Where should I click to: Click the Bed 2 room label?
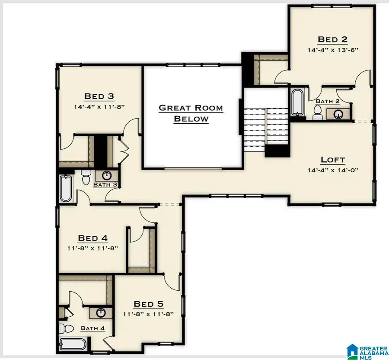coord(332,39)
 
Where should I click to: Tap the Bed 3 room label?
coord(99,96)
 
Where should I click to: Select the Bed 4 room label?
coord(92,238)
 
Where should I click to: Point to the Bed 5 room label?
coord(149,304)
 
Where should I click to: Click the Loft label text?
coord(332,160)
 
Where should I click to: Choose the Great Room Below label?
coord(191,113)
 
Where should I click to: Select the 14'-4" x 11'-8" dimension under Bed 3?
coord(99,106)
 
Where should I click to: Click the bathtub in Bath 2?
coord(297,102)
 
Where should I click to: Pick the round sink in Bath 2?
coord(338,114)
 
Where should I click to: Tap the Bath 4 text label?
coord(92,328)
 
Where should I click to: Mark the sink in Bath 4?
coord(101,312)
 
